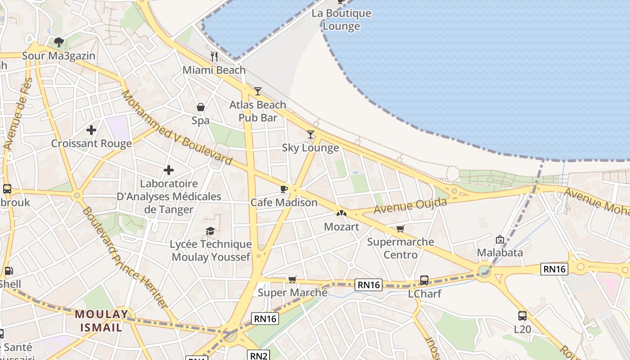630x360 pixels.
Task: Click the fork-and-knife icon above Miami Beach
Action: pyautogui.click(x=214, y=56)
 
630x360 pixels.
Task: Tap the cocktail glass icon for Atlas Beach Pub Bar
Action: pyautogui.click(x=257, y=91)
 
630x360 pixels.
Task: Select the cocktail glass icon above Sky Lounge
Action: pyautogui.click(x=310, y=134)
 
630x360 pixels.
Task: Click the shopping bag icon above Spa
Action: pyautogui.click(x=201, y=107)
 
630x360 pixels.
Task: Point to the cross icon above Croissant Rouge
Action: pyautogui.click(x=91, y=130)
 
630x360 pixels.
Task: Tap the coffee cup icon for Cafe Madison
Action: pyautogui.click(x=283, y=189)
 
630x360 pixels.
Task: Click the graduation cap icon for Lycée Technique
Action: pyautogui.click(x=210, y=231)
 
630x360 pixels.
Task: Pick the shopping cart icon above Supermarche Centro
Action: pyautogui.click(x=400, y=229)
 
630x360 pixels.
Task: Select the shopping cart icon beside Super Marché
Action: pyautogui.click(x=292, y=279)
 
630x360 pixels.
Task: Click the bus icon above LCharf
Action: pyautogui.click(x=424, y=280)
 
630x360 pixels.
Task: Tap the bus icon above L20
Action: pyautogui.click(x=522, y=316)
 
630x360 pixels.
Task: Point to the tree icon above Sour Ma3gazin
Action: pyautogui.click(x=58, y=42)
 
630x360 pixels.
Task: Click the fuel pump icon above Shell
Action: pyautogui.click(x=8, y=271)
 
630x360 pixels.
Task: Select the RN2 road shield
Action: pyautogui.click(x=258, y=356)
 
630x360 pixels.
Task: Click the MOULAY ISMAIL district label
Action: pyautogui.click(x=101, y=320)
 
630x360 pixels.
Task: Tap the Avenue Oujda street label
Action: pyautogui.click(x=410, y=206)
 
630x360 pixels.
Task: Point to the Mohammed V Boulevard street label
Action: pyautogui.click(x=176, y=128)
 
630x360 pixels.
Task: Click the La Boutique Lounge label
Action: pyautogui.click(x=342, y=19)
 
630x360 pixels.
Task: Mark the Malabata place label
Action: pyautogui.click(x=500, y=252)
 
